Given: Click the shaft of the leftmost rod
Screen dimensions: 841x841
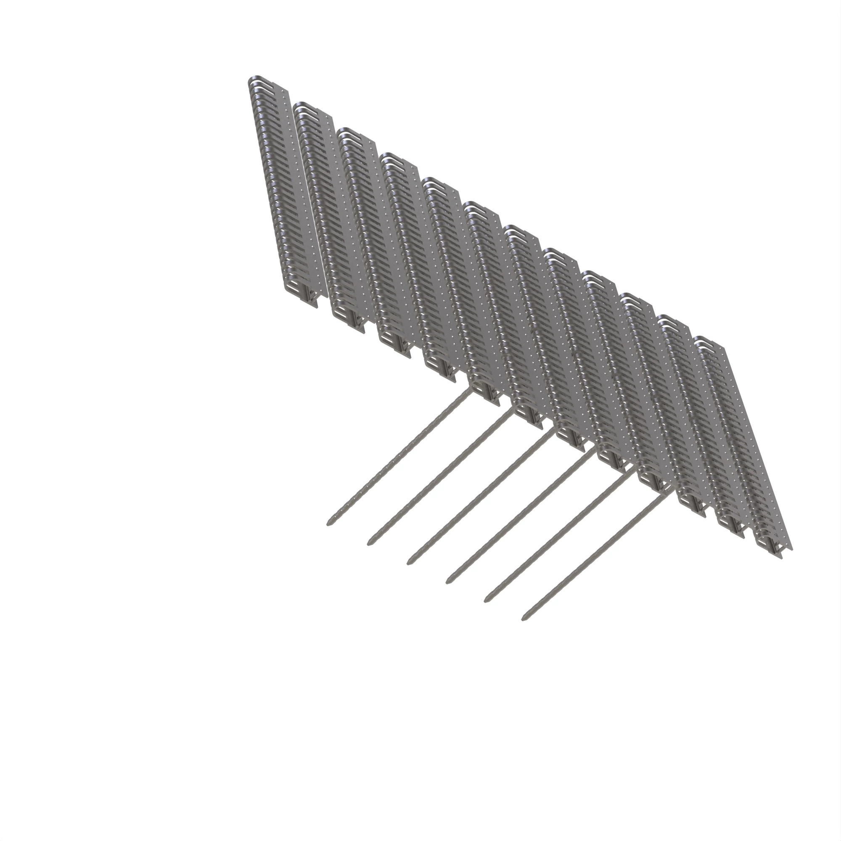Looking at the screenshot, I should click(x=398, y=457).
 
